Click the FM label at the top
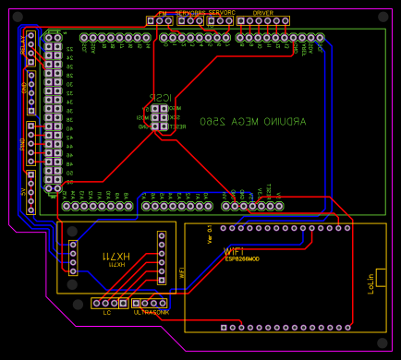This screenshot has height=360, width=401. [162, 13]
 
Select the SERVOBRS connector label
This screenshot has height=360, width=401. [190, 13]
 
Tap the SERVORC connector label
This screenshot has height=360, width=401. [222, 13]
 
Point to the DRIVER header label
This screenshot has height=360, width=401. [263, 13]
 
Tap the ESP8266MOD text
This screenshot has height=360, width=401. [242, 259]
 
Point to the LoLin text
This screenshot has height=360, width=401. [371, 282]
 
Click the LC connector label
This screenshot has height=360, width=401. [106, 312]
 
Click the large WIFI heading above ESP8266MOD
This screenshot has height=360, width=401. [235, 250]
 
